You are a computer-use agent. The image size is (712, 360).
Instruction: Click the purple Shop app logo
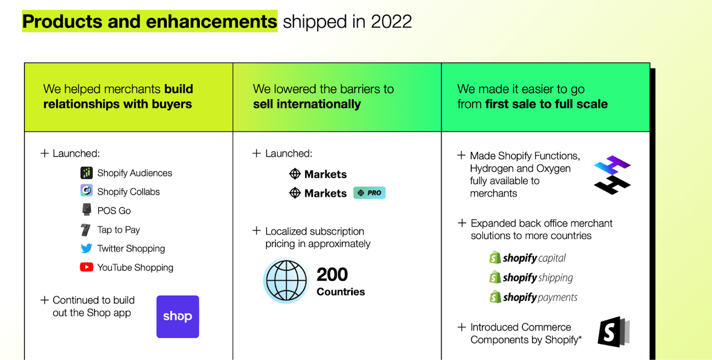point(177,317)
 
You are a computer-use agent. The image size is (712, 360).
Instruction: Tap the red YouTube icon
point(86,267)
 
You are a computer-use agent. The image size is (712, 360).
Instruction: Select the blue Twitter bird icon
point(86,248)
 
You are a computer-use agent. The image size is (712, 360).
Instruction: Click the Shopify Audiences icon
point(86,172)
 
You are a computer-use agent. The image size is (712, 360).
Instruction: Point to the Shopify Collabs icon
point(86,190)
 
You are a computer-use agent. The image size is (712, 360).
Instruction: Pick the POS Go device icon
point(86,210)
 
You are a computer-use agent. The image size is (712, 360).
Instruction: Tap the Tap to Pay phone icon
point(86,230)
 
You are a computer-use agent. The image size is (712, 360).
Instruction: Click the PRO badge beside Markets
point(369,193)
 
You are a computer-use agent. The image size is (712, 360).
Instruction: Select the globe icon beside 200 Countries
point(286,280)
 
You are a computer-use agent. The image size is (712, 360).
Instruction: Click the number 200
point(332,274)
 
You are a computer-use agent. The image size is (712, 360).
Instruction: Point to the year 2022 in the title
point(391,22)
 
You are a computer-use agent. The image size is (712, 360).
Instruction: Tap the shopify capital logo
point(528,258)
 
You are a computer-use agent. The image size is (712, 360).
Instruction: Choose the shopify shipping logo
point(531,277)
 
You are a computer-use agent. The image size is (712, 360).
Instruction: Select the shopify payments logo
point(533,297)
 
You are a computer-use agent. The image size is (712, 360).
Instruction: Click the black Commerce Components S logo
point(613,332)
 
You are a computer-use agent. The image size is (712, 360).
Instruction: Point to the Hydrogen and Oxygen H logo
point(612,175)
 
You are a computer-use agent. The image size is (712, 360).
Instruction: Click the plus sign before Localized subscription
point(256,230)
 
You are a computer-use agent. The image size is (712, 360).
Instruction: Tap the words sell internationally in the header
point(306,104)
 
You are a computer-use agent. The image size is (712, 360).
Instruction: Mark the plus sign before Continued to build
point(44,300)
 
